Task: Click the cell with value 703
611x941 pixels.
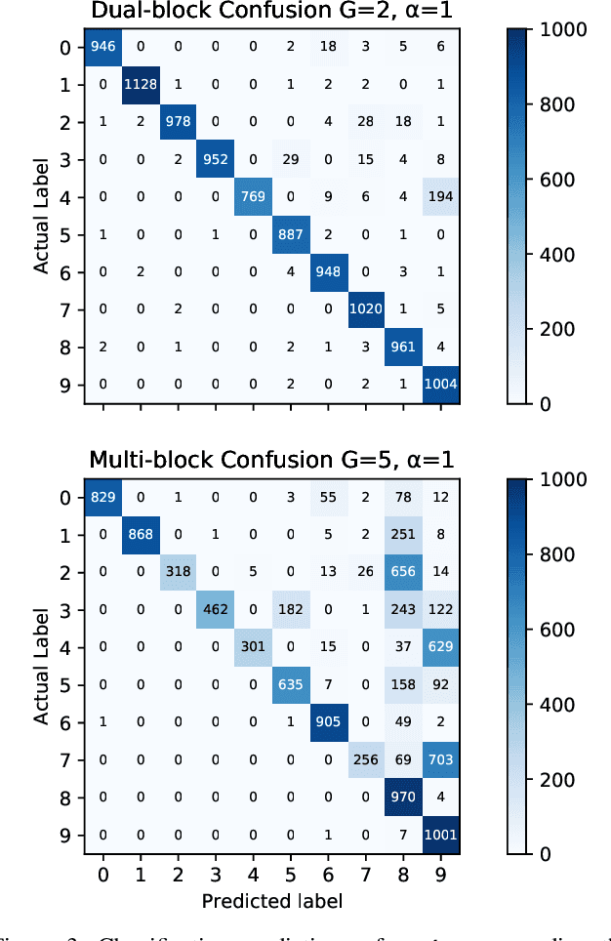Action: coord(439,760)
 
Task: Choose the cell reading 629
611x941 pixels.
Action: coord(439,648)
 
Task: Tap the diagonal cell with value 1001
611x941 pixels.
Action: coord(439,836)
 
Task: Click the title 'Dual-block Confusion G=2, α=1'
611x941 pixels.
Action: coord(271,12)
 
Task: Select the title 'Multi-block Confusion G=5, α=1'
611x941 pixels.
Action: coord(271,460)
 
